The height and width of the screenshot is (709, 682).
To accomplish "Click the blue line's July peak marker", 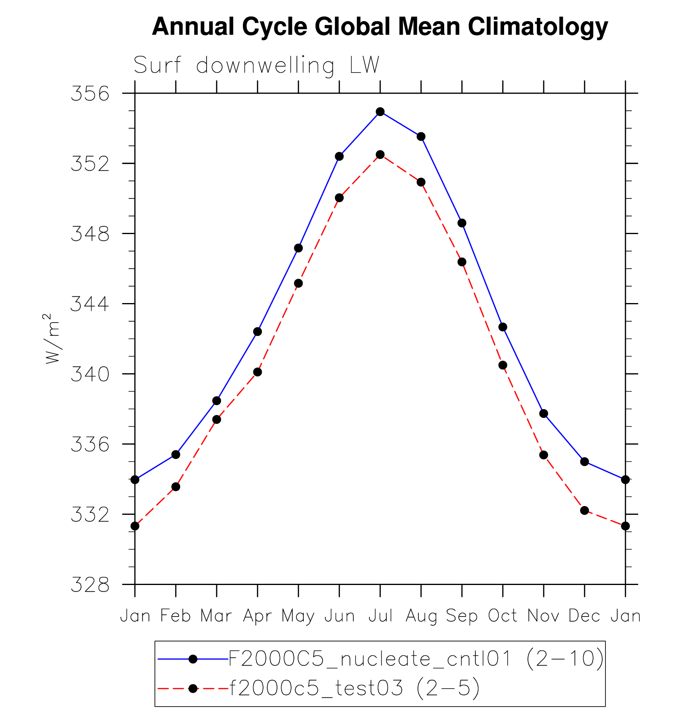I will [x=380, y=112].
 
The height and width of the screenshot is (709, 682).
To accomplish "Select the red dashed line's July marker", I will [x=380, y=154].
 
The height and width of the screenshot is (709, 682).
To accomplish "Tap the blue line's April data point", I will [x=258, y=331].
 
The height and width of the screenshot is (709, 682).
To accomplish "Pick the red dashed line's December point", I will [x=584, y=510].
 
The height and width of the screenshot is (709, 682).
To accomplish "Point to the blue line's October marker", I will [x=503, y=327].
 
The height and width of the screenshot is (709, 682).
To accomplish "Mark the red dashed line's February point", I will [x=176, y=487].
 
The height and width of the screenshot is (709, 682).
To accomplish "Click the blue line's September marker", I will [x=462, y=223].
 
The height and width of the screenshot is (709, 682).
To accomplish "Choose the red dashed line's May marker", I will [x=298, y=284].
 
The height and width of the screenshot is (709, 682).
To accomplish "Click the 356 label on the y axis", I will [x=90, y=94].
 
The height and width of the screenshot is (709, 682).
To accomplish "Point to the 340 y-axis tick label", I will [x=90, y=375].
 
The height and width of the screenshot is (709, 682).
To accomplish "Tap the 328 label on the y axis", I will [x=90, y=585].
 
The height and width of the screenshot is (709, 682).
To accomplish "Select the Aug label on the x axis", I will [x=421, y=616].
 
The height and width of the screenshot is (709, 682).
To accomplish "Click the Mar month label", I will [x=216, y=616].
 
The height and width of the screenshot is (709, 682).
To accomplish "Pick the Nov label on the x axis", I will [x=543, y=616].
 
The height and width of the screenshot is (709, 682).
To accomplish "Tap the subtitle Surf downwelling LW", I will [x=256, y=65].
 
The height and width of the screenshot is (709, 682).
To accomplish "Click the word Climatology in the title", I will [x=538, y=27].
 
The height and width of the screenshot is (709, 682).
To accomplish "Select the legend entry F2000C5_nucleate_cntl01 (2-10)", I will [x=416, y=659].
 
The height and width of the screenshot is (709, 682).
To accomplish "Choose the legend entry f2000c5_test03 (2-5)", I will [x=354, y=688].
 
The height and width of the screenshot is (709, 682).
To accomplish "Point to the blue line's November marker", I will [x=544, y=414].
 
